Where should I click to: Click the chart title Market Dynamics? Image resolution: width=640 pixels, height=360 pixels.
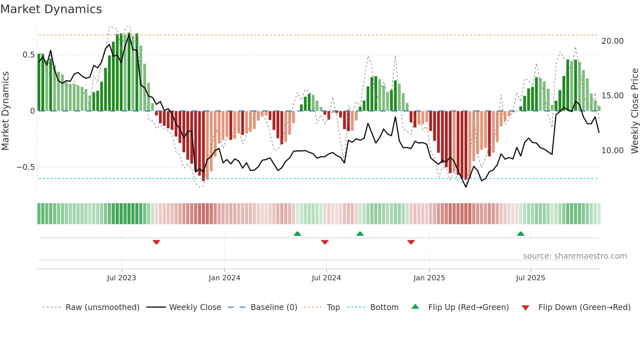tap(51, 9)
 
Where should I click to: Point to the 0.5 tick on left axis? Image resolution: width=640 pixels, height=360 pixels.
tap(28, 55)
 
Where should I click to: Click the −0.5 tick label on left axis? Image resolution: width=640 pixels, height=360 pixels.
tap(25, 167)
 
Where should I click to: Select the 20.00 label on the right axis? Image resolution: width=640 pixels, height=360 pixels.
tap(612, 41)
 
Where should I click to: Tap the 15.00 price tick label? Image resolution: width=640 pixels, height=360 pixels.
tap(612, 96)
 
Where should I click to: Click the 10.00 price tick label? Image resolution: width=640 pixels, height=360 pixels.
tap(612, 151)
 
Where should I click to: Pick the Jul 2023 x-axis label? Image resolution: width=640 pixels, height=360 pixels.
tap(121, 278)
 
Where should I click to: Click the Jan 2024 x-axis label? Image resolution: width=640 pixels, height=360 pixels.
tap(224, 278)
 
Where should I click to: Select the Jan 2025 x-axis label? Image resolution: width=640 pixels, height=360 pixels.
tap(429, 278)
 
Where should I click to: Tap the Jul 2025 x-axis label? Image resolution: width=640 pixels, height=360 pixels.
tap(530, 278)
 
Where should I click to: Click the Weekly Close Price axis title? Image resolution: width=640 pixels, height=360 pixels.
tap(634, 111)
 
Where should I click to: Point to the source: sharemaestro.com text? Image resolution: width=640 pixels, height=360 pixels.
tap(575, 256)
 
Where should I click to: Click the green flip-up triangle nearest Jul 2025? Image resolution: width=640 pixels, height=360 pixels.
tap(520, 234)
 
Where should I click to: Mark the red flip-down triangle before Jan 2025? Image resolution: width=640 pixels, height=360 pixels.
tap(411, 242)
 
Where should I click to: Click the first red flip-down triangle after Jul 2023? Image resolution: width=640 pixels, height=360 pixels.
tap(156, 242)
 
